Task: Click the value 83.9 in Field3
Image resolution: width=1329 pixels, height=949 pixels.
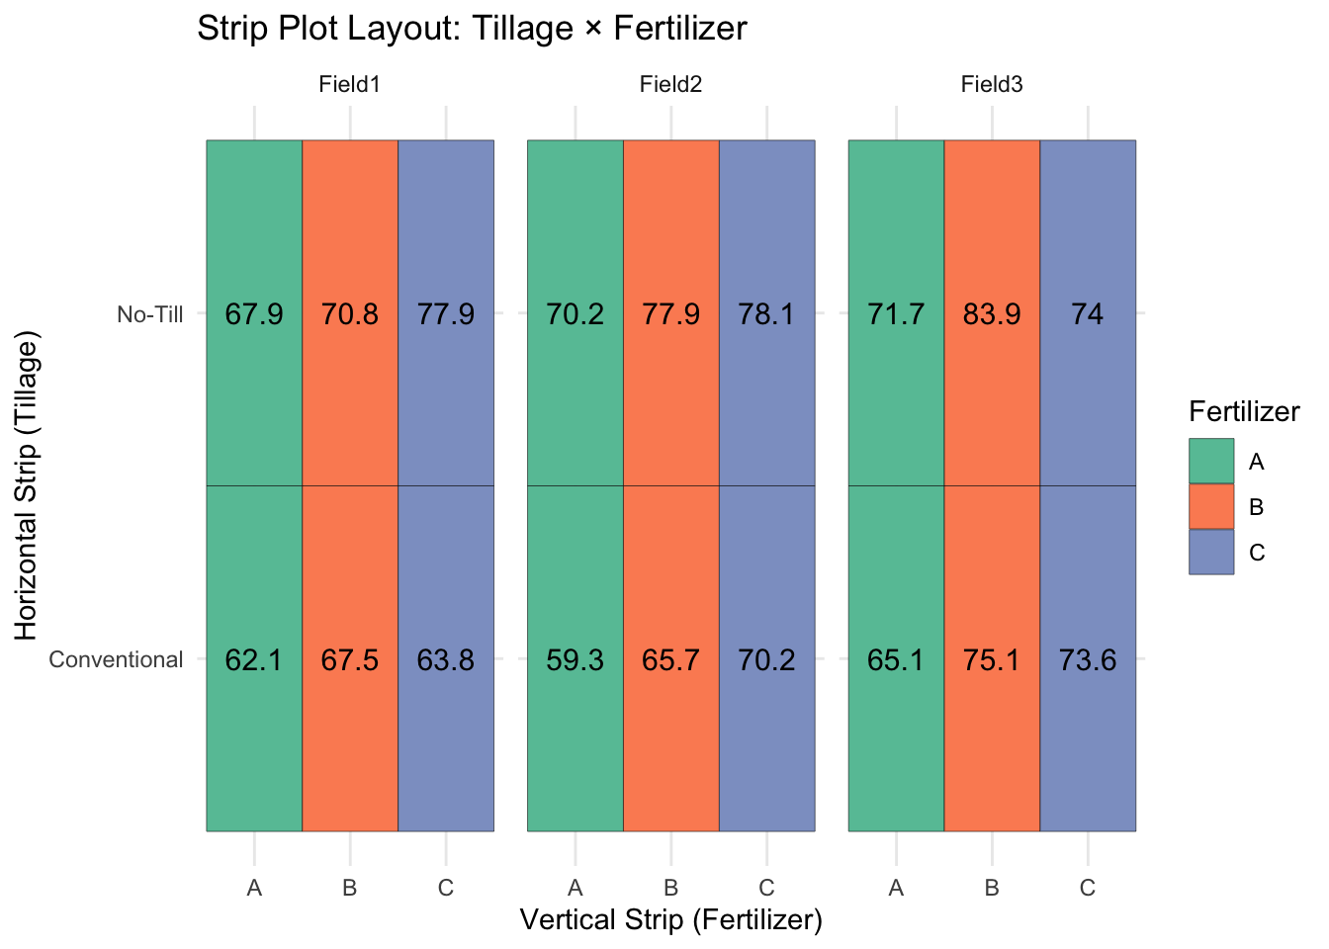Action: click(992, 314)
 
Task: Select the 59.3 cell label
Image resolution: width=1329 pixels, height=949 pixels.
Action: click(575, 659)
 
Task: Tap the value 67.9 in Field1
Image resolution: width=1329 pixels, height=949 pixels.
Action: click(254, 314)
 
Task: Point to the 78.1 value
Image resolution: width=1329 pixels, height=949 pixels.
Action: click(766, 314)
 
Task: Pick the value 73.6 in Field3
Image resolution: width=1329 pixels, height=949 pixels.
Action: click(1088, 659)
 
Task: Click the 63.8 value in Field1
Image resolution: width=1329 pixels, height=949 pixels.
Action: click(446, 659)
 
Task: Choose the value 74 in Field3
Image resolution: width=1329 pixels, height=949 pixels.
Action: click(1088, 314)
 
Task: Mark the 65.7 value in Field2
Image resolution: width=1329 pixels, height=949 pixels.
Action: click(670, 659)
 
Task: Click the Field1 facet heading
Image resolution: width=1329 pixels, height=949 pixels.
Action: click(349, 85)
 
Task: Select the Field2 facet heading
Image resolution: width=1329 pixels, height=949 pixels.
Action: click(670, 85)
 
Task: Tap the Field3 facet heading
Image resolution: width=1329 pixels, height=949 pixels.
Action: click(992, 85)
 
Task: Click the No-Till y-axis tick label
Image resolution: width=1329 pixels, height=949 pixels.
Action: click(150, 314)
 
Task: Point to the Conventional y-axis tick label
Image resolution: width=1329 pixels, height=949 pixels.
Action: click(116, 659)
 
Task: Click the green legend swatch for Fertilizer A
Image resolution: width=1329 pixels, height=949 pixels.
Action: click(1211, 462)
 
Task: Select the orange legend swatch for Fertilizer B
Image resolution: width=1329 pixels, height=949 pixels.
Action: click(1211, 507)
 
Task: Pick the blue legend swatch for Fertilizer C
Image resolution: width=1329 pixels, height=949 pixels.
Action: click(1211, 553)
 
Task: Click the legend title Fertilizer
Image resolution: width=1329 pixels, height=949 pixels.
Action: click(1244, 412)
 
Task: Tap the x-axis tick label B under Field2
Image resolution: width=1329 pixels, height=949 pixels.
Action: click(670, 888)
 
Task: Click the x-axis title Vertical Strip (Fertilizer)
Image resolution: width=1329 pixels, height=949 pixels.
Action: click(670, 920)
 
